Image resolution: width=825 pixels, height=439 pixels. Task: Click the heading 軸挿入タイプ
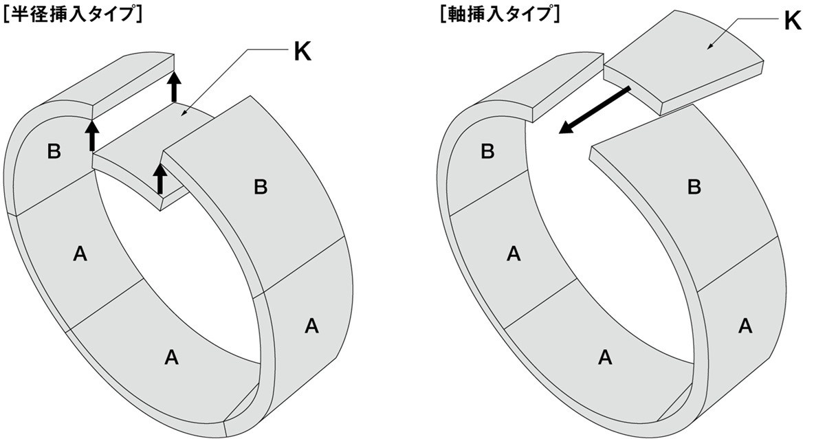tap(500, 14)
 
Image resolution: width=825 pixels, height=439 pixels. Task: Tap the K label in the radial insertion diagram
tap(302, 52)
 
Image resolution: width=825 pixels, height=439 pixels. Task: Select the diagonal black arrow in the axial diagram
tap(595, 110)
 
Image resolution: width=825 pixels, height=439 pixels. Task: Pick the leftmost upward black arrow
tap(91, 135)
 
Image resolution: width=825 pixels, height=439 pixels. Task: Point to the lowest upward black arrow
tap(159, 178)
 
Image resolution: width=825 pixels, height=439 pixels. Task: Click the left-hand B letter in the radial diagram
tap(54, 152)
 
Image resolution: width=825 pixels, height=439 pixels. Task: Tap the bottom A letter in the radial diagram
tap(171, 357)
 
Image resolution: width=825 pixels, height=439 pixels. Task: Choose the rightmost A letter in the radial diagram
tap(311, 325)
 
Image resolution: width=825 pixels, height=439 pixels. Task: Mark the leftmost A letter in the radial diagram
tap(80, 254)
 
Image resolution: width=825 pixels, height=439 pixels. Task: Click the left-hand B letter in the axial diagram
tap(487, 152)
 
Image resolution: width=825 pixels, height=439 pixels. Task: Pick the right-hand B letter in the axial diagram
tap(694, 187)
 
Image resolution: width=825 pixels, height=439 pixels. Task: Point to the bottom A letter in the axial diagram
tap(605, 357)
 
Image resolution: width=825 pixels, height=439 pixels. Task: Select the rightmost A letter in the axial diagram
tap(745, 325)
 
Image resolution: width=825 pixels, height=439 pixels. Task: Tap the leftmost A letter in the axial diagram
tap(513, 254)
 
